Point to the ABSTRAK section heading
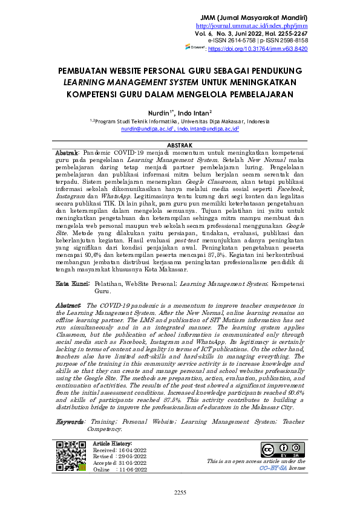pos(179,145)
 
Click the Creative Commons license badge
pos(283,450)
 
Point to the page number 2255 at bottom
pos(180,492)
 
